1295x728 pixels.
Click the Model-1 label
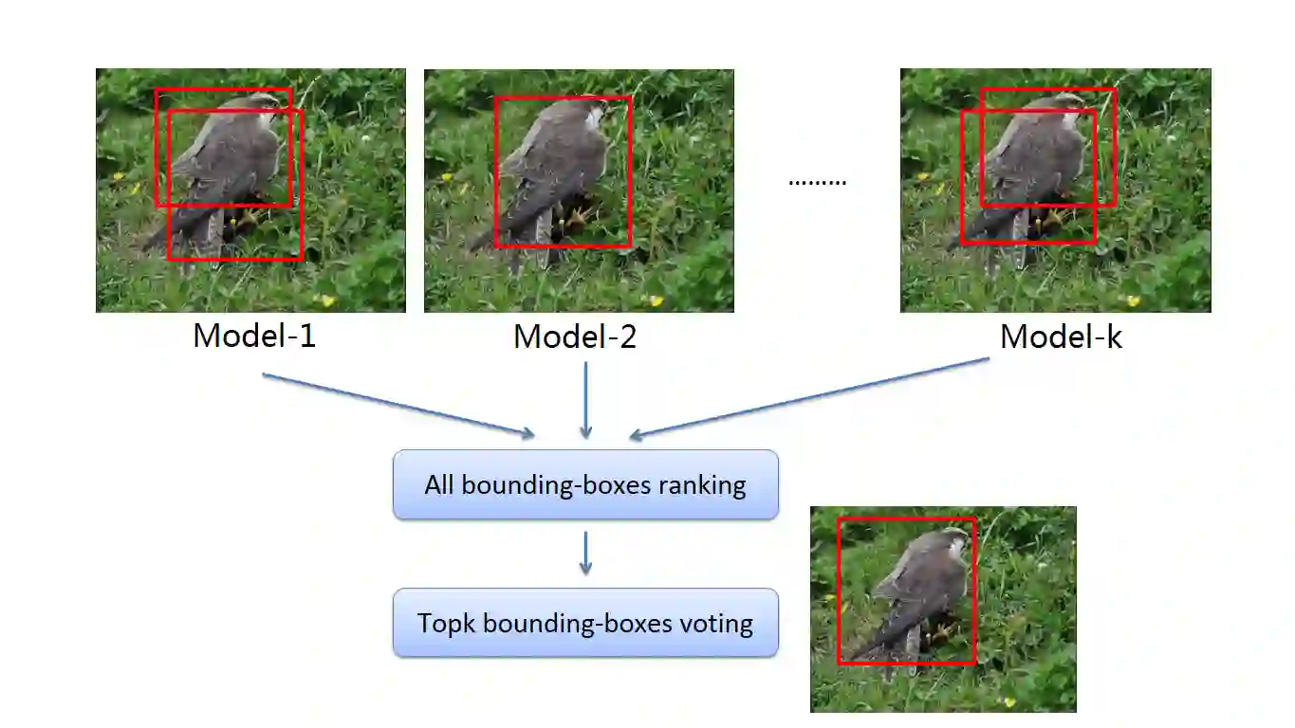(254, 336)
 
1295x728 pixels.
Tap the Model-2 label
(575, 337)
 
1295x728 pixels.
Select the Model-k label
(1061, 337)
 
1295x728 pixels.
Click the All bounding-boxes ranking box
(585, 484)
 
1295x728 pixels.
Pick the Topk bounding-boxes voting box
(585, 623)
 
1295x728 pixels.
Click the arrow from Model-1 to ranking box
(398, 406)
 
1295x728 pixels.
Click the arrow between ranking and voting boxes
(585, 553)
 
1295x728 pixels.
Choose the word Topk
(448, 624)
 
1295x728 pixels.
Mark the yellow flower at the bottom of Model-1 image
(328, 300)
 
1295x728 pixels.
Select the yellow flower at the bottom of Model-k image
(1132, 300)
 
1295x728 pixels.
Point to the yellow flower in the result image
(1009, 702)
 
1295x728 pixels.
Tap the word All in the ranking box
(439, 484)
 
